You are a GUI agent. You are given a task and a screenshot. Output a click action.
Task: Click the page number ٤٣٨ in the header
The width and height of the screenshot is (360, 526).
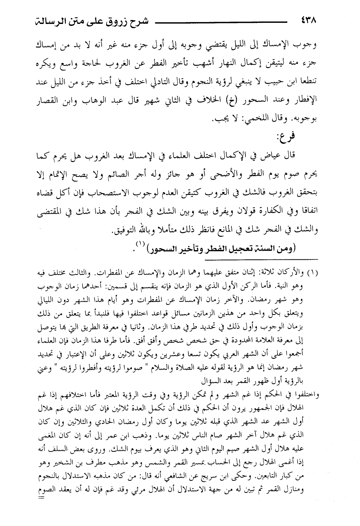[308, 20]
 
